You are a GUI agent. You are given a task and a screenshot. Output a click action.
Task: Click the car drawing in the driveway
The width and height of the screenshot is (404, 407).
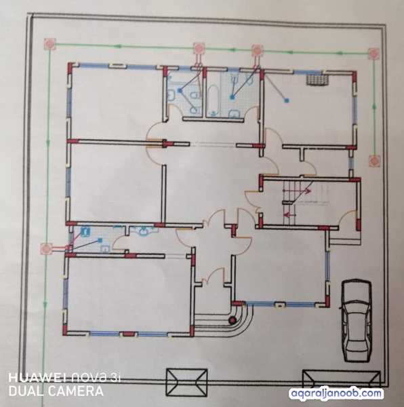pyautogui.click(x=357, y=320)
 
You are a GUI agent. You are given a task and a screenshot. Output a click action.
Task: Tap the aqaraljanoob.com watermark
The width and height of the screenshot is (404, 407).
pyautogui.click(x=336, y=393)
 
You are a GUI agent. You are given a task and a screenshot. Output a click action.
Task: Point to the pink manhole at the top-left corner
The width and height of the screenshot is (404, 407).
pyautogui.click(x=49, y=44)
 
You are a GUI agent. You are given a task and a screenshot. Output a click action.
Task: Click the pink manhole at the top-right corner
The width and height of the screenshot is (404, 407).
pyautogui.click(x=373, y=53)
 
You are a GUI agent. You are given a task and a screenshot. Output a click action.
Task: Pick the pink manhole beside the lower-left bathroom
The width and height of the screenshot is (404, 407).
pyautogui.click(x=46, y=249)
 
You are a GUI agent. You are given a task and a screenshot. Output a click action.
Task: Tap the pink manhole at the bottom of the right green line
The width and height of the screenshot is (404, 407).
pyautogui.click(x=374, y=161)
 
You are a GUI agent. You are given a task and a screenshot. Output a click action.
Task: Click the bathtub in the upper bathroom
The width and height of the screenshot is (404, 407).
pyautogui.click(x=214, y=100)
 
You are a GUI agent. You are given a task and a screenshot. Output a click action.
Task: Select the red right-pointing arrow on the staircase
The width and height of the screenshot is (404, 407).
pyautogui.click(x=307, y=191)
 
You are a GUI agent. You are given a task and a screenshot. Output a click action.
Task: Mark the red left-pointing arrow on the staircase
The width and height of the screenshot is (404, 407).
pyautogui.click(x=289, y=214)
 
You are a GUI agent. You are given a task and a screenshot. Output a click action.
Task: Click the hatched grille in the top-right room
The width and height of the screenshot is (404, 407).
pyautogui.click(x=317, y=79)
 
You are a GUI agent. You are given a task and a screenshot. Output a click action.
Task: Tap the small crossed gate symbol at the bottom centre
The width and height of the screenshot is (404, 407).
pyautogui.click(x=186, y=383)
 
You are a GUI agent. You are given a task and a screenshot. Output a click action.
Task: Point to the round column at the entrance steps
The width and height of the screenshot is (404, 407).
pyautogui.click(x=232, y=320)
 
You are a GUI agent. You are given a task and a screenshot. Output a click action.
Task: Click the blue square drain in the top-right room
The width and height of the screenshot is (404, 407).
pyautogui.click(x=286, y=100)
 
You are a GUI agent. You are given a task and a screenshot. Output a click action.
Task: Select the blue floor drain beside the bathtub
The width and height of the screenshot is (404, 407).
pyautogui.click(x=232, y=97)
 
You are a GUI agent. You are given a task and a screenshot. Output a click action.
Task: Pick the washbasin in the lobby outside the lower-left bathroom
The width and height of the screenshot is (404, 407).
pyautogui.click(x=143, y=231)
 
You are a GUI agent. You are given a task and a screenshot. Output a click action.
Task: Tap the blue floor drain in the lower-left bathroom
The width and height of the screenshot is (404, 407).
pyautogui.click(x=100, y=240)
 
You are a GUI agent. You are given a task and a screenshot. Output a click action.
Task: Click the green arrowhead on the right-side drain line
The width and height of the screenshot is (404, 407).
pyautogui.click(x=374, y=105)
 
